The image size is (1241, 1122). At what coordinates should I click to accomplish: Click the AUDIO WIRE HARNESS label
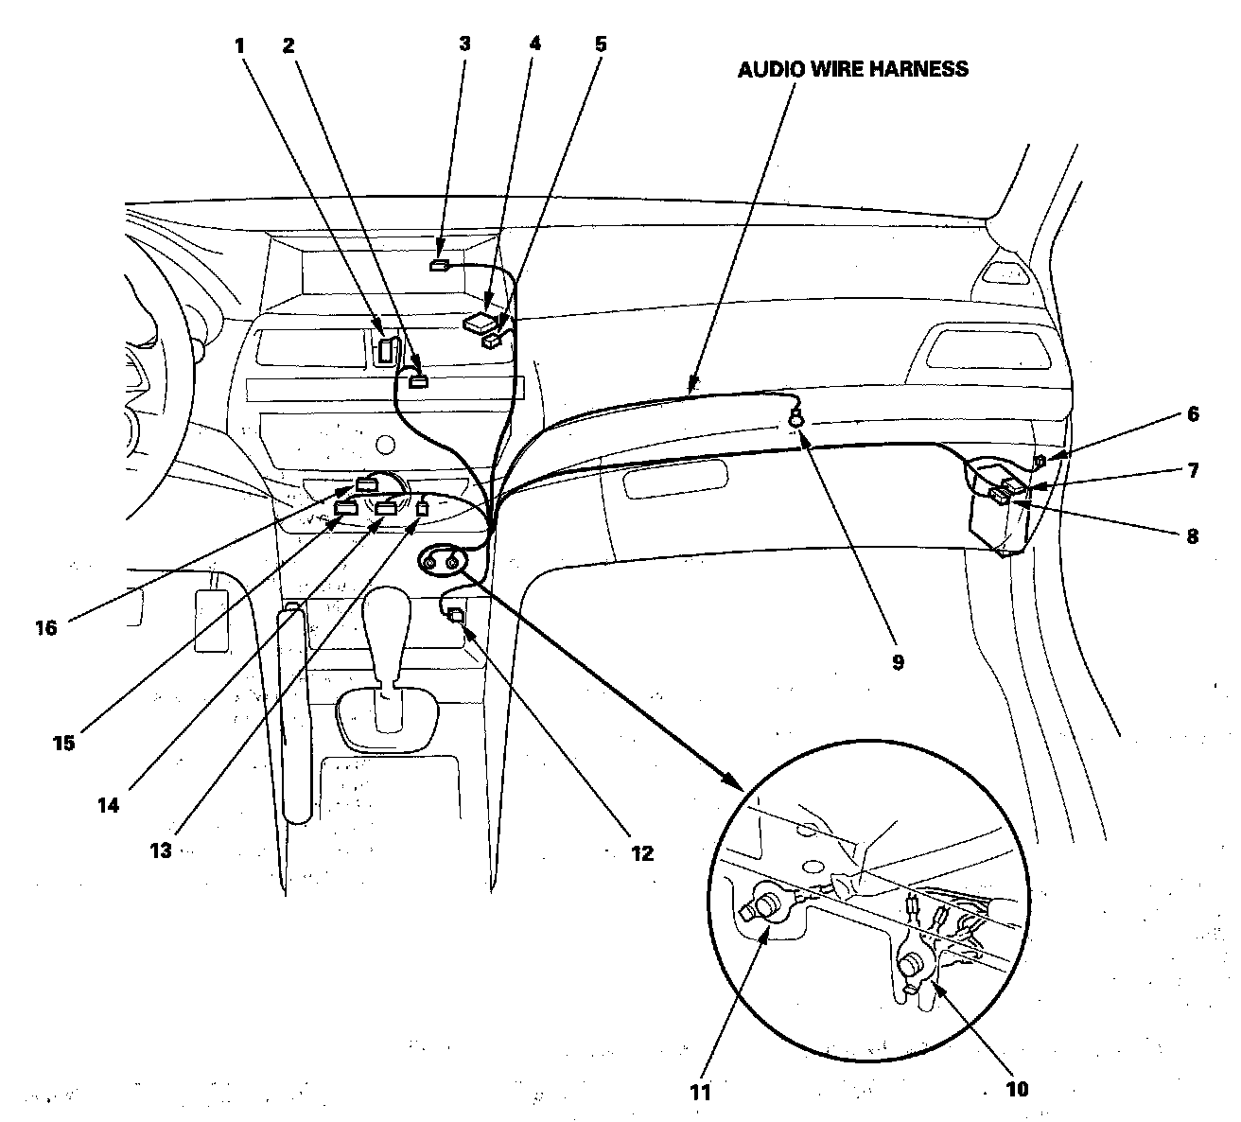(x=852, y=69)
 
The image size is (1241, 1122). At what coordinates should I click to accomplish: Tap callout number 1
(x=240, y=44)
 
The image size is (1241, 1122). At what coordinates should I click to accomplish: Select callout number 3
(x=464, y=44)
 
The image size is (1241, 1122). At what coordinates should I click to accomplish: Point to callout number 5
(x=602, y=44)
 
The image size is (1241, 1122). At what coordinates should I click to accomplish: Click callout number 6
(x=1193, y=413)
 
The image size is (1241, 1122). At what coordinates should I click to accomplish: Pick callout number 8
(x=1193, y=536)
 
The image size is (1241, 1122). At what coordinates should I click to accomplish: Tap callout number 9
(x=898, y=662)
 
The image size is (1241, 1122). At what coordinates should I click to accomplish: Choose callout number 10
(x=1016, y=1089)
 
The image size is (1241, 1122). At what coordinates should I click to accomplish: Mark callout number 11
(x=700, y=1091)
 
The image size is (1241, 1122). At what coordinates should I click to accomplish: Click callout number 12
(x=642, y=853)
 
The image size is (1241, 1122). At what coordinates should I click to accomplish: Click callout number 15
(x=63, y=743)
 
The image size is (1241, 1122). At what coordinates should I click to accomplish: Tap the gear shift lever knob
(x=389, y=629)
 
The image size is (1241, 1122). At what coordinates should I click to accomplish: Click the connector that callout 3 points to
(x=440, y=266)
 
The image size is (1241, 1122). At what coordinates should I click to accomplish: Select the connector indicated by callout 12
(x=456, y=615)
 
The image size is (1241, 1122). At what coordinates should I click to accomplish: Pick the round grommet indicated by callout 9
(x=797, y=413)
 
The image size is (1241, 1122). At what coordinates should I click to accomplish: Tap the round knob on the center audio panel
(x=384, y=443)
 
